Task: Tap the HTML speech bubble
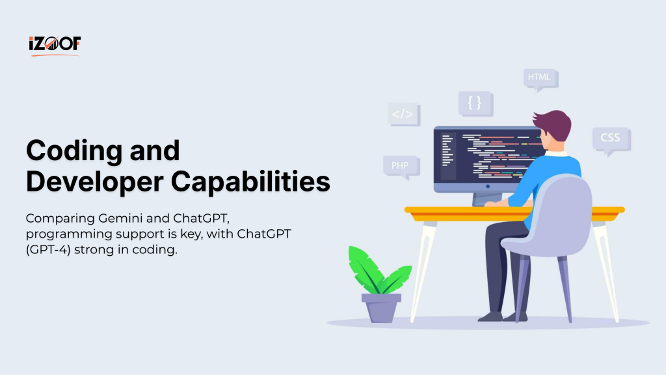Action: (x=540, y=79)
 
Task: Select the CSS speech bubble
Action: (x=611, y=140)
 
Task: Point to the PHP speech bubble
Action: (x=401, y=167)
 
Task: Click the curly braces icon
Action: (x=475, y=104)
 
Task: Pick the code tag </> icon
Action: (x=403, y=115)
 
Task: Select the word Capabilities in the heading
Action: (x=250, y=181)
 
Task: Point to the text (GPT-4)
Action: (x=48, y=249)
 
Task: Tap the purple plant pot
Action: (x=381, y=307)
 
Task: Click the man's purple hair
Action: (x=553, y=124)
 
